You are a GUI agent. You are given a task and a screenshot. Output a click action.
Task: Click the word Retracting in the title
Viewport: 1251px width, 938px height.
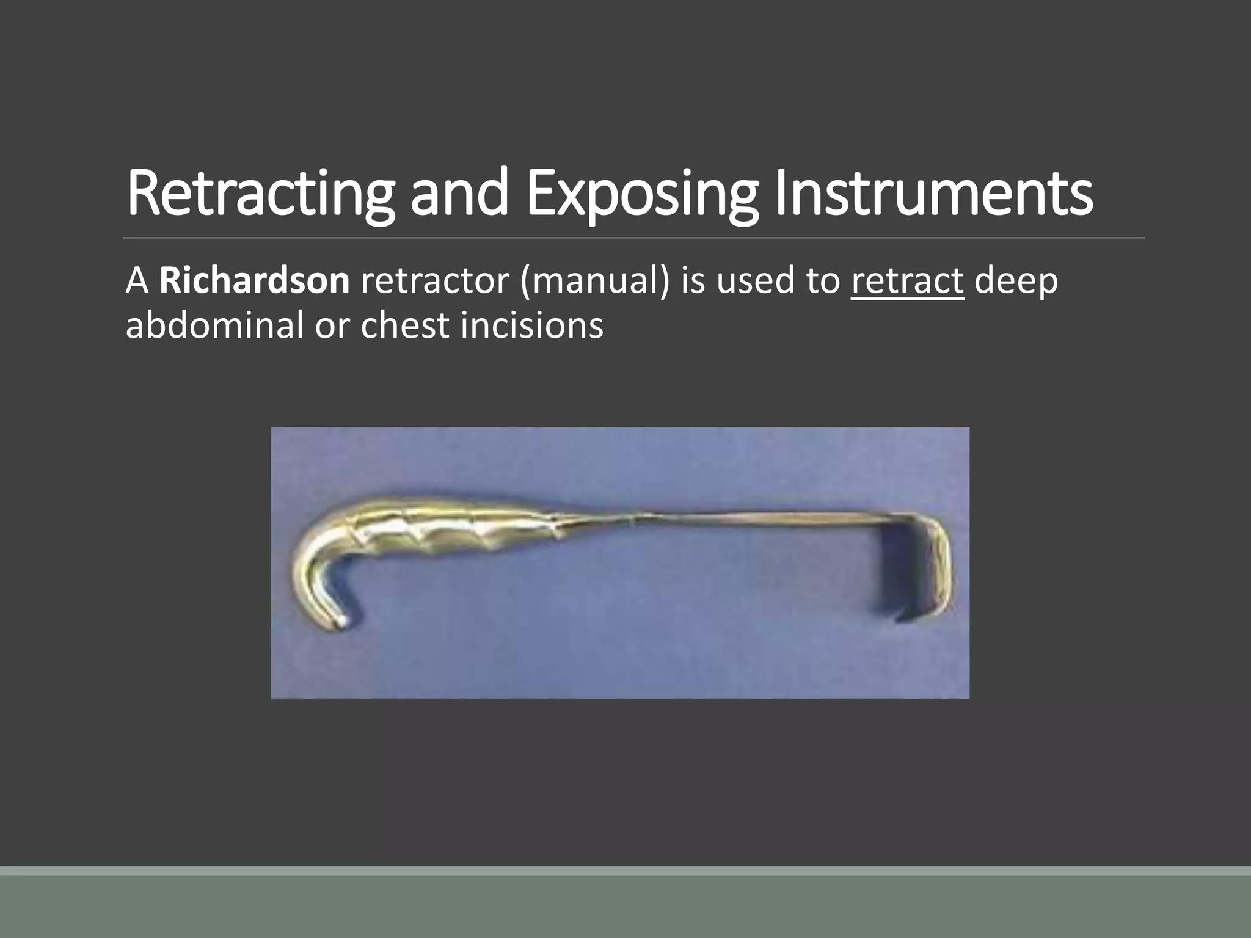click(x=260, y=193)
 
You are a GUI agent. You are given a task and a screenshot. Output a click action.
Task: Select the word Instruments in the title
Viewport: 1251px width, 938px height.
click(x=933, y=193)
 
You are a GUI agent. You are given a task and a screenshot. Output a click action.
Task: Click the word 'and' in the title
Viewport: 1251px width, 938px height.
click(x=459, y=193)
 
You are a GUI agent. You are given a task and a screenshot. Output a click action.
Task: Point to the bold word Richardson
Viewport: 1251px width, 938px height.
click(x=254, y=281)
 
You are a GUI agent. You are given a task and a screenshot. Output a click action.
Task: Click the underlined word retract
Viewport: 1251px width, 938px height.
click(x=907, y=281)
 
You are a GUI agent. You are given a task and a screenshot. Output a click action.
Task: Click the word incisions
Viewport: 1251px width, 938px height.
click(x=531, y=325)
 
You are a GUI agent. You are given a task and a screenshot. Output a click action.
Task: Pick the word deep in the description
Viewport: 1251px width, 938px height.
click(x=1016, y=281)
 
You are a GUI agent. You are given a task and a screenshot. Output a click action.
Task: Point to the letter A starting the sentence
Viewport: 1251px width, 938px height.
click(x=137, y=281)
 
